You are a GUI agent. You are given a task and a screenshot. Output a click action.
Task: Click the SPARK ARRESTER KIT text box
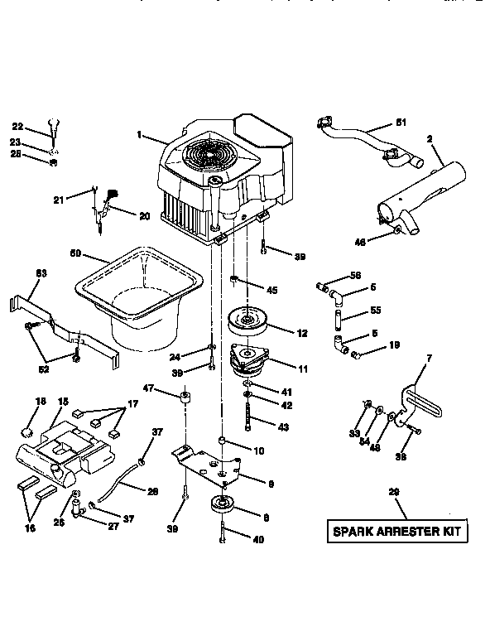coord(394,531)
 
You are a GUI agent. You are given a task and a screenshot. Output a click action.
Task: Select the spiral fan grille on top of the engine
coord(206,157)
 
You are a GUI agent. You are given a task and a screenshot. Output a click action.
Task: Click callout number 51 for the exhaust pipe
coord(400,124)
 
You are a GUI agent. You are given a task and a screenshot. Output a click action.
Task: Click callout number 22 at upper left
coord(17,127)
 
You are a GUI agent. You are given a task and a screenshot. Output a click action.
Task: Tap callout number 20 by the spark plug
coord(145,216)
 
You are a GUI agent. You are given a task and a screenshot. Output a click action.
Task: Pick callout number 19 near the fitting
coord(394,344)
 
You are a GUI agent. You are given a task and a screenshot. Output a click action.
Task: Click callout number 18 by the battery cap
coord(40,400)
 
